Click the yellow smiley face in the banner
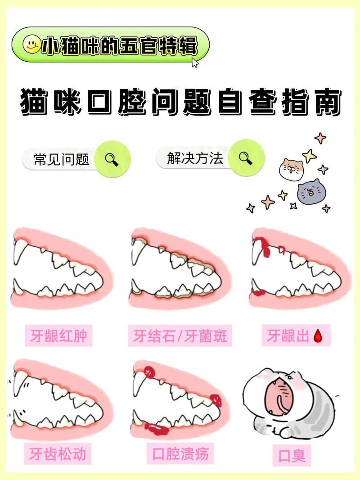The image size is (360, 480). [x=31, y=45]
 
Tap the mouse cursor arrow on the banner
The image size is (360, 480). [x=195, y=63]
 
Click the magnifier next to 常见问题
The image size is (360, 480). [x=112, y=159]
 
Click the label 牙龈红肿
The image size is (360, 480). [x=58, y=336]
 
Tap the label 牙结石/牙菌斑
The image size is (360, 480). [x=180, y=336]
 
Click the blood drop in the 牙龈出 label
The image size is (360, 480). [x=318, y=336]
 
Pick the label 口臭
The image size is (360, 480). [x=292, y=455]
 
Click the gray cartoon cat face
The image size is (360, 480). [x=311, y=192]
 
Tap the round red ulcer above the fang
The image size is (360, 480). [x=149, y=372]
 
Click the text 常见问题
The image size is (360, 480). [x=62, y=159]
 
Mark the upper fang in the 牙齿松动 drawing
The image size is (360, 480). [x=19, y=382]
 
